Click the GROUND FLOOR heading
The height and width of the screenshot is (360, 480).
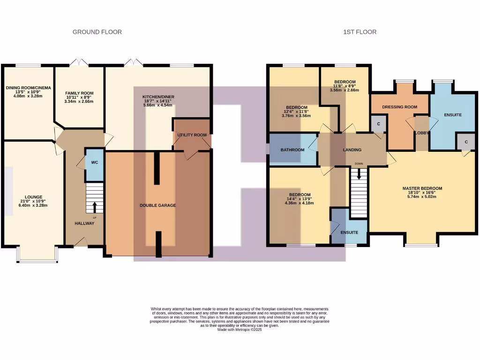[97, 32]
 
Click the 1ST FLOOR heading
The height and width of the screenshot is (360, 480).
[360, 32]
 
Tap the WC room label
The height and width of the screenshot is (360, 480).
[94, 163]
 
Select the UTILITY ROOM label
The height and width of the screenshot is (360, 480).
[192, 135]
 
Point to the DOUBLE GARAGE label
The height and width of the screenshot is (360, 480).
[158, 205]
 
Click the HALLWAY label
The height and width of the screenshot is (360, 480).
[84, 223]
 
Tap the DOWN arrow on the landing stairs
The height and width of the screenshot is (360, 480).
[359, 174]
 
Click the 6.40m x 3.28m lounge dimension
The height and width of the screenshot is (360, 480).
[34, 205]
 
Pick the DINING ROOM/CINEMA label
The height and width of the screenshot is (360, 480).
[28, 88]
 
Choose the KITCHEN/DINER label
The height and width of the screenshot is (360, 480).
[157, 97]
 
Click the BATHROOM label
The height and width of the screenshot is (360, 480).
[292, 150]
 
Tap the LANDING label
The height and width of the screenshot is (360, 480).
[352, 150]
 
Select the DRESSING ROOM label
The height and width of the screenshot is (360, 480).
[399, 107]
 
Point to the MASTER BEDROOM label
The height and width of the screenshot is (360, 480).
[422, 188]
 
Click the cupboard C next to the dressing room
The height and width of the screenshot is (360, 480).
[378, 123]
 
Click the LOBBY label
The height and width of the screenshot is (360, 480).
[422, 133]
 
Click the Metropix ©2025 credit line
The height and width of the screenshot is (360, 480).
[240, 330]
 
